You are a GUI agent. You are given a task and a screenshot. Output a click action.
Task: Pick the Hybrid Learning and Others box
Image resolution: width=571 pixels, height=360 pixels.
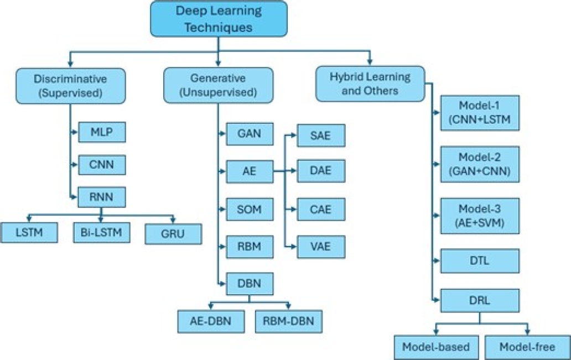tap(370, 84)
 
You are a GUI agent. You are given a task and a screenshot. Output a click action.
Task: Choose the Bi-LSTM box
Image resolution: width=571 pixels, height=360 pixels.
tap(101, 232)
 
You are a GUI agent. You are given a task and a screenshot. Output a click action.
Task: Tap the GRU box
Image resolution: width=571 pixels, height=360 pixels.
tap(173, 233)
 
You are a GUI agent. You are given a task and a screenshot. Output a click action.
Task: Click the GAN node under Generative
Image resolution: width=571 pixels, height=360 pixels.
tap(250, 133)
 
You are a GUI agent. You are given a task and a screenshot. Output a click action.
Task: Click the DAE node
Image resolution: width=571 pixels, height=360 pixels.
tap(321, 171)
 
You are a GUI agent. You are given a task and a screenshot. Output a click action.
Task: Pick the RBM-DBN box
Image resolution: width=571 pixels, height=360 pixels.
tap(288, 321)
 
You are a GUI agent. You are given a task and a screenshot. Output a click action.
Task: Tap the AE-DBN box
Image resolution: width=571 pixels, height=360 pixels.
tap(210, 321)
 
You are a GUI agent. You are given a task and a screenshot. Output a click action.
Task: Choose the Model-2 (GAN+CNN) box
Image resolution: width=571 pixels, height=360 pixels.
tap(480, 164)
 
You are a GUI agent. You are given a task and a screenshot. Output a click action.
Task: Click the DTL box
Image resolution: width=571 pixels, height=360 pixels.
tap(480, 260)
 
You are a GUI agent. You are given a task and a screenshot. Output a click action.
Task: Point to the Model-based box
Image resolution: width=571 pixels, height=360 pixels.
tap(436, 347)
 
